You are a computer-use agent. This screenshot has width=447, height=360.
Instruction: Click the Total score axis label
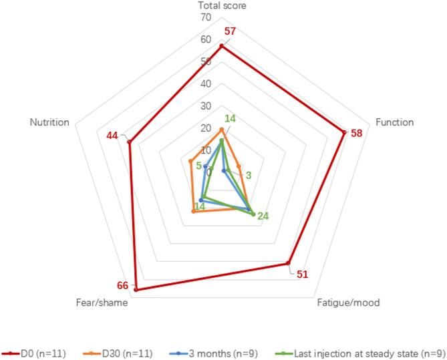[x=222, y=6]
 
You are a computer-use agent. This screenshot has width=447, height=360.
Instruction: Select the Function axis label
[x=394, y=122]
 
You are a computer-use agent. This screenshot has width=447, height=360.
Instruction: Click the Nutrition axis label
[x=49, y=122]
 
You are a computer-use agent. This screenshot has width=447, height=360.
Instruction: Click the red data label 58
[x=356, y=133]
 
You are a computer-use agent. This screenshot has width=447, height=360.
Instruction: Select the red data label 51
[x=302, y=274]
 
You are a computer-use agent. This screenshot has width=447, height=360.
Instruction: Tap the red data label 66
[x=123, y=286]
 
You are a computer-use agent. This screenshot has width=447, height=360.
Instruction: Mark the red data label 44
[x=112, y=136]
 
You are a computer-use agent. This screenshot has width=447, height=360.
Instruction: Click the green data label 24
[x=263, y=216]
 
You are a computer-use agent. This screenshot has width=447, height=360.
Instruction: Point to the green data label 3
[x=249, y=176]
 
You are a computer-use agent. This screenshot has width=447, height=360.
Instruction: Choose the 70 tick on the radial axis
[x=206, y=18]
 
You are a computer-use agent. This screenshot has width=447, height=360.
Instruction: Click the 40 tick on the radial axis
[x=206, y=84]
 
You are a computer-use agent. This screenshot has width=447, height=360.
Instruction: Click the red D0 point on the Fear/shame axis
[x=136, y=290]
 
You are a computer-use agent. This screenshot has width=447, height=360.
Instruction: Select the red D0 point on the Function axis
[x=344, y=132]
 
